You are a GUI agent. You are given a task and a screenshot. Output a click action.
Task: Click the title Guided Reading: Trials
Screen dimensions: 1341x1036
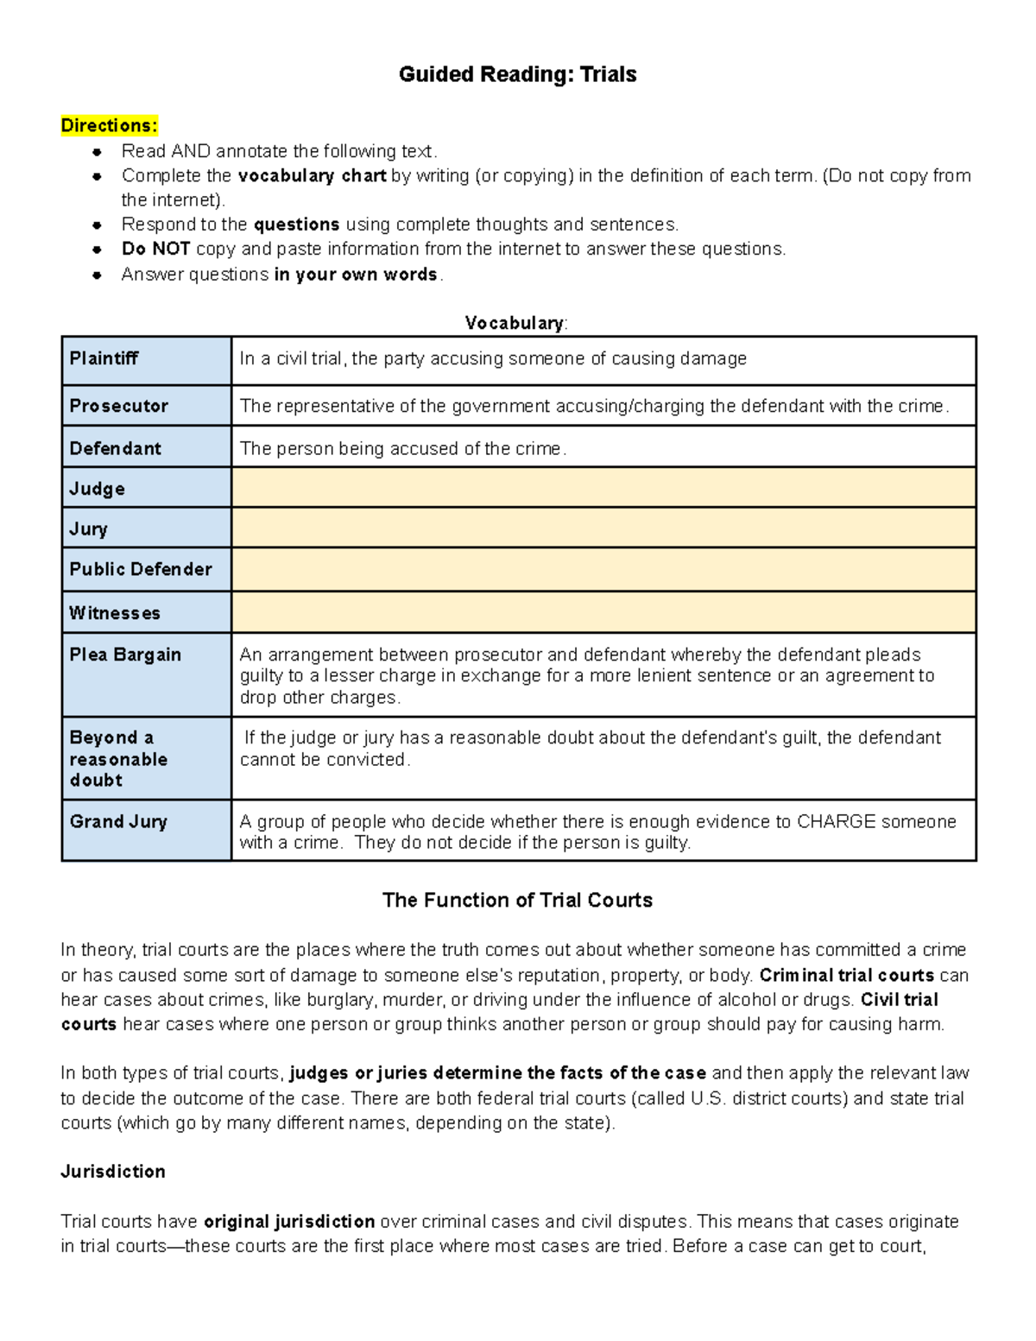tap(517, 74)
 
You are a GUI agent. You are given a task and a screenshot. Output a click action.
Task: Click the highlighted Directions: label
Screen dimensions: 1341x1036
tap(109, 126)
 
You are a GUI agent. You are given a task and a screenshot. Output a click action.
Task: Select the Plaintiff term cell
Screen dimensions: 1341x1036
tap(146, 360)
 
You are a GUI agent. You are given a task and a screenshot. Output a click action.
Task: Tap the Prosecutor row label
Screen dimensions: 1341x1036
tap(146, 406)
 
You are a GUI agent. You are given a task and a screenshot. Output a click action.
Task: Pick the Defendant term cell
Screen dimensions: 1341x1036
tap(146, 448)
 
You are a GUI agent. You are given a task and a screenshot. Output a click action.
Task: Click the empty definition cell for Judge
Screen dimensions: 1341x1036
tap(603, 488)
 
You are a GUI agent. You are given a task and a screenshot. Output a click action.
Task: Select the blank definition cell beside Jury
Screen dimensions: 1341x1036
tap(603, 528)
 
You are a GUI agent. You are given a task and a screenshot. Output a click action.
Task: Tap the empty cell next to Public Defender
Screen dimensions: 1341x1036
tap(603, 569)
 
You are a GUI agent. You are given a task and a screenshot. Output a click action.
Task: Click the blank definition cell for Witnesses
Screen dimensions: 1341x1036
tap(603, 612)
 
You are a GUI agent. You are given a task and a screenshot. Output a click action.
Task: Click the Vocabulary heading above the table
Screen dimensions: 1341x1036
tap(515, 323)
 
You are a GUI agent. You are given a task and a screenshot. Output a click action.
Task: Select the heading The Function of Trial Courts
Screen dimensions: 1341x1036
tap(517, 900)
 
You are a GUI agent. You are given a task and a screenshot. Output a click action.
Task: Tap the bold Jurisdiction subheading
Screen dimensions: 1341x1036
tap(113, 1172)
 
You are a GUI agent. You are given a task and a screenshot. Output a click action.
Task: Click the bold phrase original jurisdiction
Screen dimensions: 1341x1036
tap(289, 1222)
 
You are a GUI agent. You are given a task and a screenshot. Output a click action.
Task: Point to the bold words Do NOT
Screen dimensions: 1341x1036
tap(155, 250)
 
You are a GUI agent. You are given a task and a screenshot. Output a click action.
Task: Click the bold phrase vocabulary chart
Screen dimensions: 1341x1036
tap(312, 176)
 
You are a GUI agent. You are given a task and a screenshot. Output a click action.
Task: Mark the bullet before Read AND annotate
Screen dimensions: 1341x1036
tap(98, 152)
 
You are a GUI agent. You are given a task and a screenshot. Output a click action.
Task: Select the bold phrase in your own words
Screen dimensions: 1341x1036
tap(356, 275)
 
